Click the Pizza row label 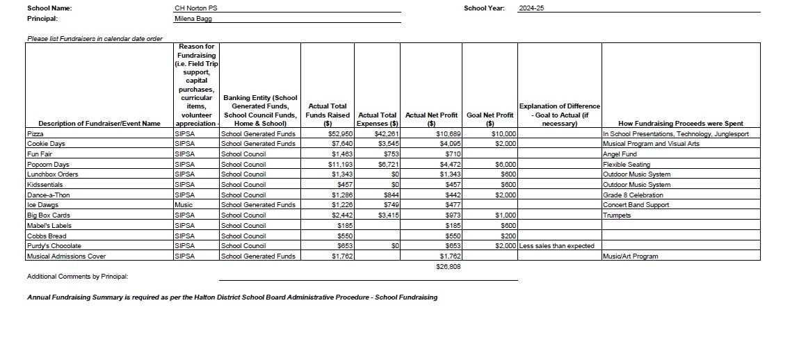pos(35,133)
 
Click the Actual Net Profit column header pos(431,115)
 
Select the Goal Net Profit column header pos(490,115)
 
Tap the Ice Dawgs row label pos(42,205)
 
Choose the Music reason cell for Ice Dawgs pos(184,205)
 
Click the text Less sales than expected pos(557,246)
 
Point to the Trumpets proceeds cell pos(618,215)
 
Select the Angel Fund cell pos(620,154)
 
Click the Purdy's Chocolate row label pos(54,246)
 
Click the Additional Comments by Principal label pos(77,277)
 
